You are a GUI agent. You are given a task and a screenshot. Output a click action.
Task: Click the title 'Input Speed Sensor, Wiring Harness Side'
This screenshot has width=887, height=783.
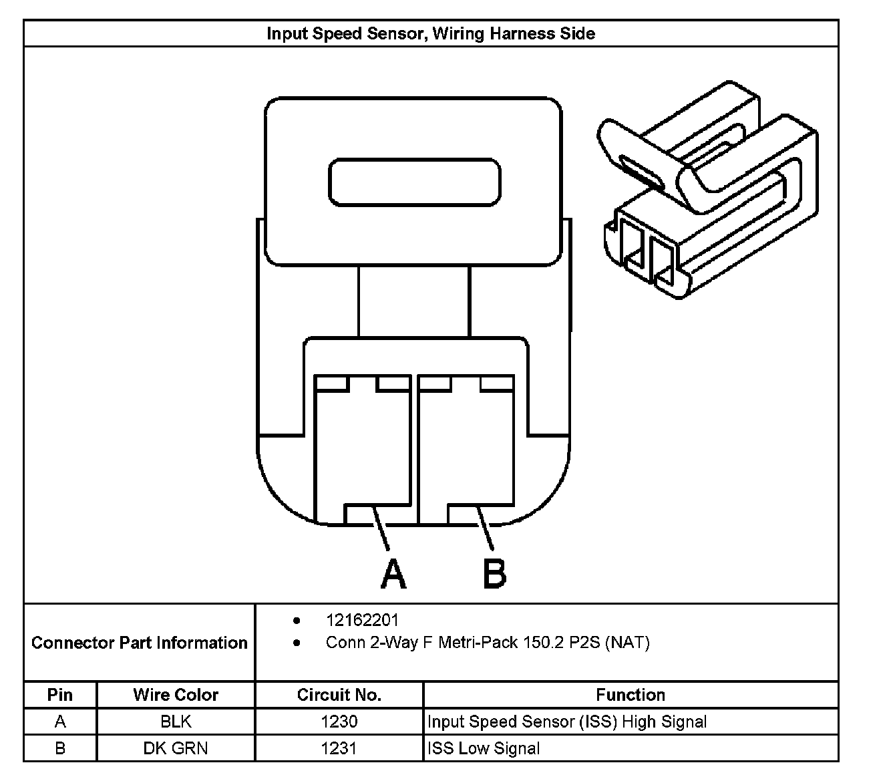(431, 33)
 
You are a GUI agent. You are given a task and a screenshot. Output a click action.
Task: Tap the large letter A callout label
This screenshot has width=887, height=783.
(393, 574)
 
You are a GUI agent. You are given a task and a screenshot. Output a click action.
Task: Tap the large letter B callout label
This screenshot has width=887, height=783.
(494, 574)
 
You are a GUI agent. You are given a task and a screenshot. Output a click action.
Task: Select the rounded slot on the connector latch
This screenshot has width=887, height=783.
(414, 182)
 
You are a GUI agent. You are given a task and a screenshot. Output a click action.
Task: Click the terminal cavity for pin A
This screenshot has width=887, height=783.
(362, 448)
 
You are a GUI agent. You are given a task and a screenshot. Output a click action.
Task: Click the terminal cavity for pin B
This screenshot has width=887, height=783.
(466, 448)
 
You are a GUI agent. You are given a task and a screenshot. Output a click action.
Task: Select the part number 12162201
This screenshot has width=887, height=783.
(362, 621)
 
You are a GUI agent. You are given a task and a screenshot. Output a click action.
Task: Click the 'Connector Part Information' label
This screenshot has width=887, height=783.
(139, 643)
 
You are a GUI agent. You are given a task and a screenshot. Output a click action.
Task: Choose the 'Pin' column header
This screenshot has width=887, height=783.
(60, 695)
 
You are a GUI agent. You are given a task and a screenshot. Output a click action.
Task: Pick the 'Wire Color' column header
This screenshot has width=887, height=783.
(176, 695)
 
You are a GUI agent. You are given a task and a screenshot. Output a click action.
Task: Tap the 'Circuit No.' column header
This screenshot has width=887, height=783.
(339, 695)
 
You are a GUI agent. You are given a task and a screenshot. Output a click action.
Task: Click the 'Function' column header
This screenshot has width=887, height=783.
(631, 695)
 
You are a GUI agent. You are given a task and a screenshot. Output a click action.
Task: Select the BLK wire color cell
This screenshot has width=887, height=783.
(176, 722)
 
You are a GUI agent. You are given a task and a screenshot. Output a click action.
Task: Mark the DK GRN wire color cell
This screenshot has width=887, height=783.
(176, 748)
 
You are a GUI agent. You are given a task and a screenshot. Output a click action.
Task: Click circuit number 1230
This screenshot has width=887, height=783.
(339, 722)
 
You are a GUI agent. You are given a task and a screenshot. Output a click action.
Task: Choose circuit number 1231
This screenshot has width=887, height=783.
(339, 748)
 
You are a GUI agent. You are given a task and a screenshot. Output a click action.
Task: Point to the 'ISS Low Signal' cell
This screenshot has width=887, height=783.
(484, 748)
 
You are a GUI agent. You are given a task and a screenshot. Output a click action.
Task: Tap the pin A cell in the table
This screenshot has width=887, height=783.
(60, 722)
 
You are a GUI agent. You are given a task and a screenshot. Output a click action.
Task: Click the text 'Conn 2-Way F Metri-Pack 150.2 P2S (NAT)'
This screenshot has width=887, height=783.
(488, 643)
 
